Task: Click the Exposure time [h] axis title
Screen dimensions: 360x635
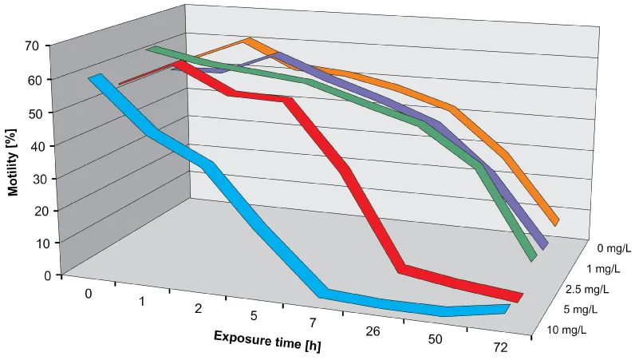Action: (x=266, y=342)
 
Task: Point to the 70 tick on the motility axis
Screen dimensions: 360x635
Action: (x=31, y=46)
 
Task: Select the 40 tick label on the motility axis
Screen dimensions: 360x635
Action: (x=31, y=145)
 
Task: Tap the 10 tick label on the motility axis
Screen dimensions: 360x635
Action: (x=31, y=243)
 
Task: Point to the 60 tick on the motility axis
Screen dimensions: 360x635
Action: (x=31, y=80)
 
